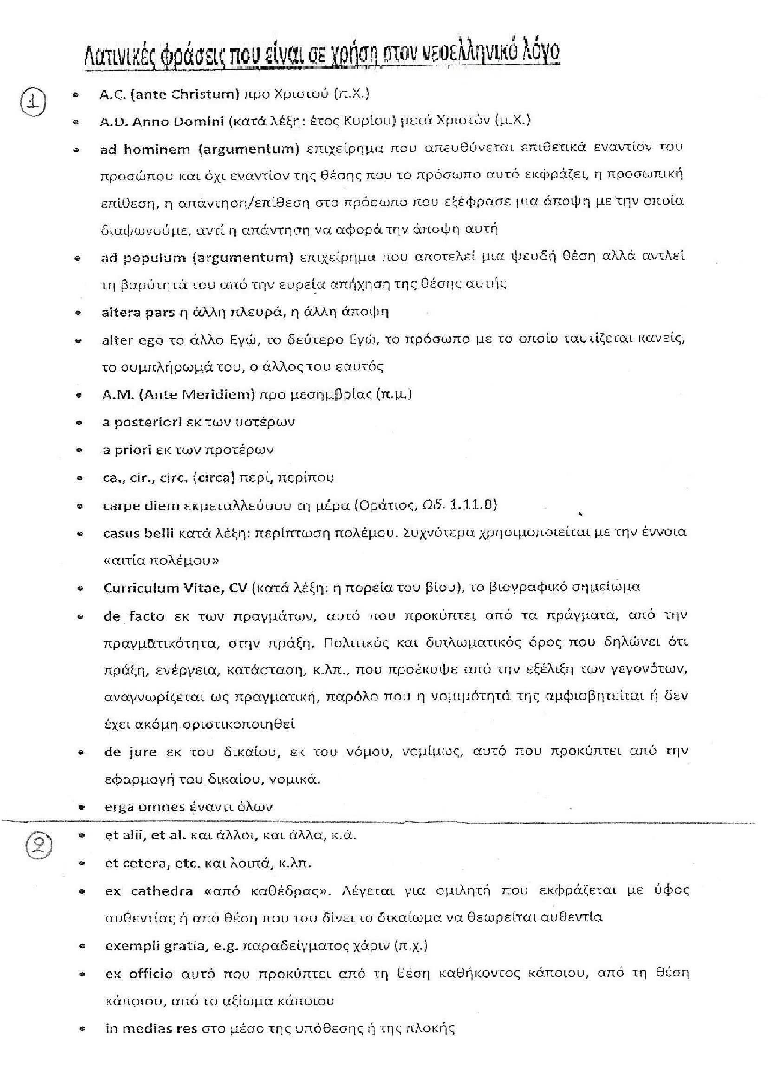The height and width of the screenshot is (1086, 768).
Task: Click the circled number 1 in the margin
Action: click(33, 102)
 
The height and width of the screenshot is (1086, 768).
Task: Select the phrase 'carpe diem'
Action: click(141, 506)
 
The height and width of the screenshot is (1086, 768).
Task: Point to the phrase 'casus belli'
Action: click(139, 533)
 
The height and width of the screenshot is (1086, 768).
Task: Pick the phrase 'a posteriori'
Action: click(142, 422)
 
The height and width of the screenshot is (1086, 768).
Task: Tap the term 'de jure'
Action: click(130, 752)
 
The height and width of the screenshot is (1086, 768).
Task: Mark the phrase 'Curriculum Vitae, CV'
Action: click(175, 588)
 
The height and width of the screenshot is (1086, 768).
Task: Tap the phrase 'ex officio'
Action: click(139, 974)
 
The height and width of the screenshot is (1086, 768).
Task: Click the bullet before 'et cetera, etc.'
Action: click(83, 864)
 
